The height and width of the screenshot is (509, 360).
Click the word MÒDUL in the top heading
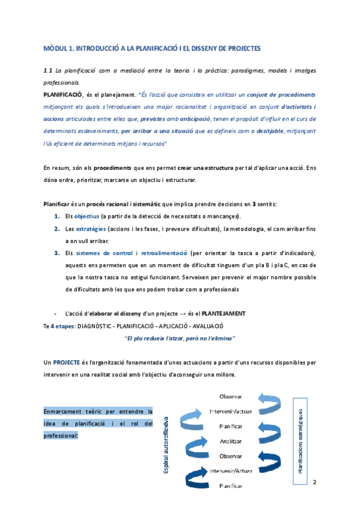coord(57,47)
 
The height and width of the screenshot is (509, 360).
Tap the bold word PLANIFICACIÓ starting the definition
coord(62,95)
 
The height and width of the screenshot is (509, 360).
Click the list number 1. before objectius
coord(56,216)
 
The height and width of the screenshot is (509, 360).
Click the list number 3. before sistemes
coord(56,253)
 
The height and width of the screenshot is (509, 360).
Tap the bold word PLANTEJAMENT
coord(223,313)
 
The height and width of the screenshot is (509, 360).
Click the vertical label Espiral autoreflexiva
coord(167,444)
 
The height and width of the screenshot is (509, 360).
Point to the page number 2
coord(315,481)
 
